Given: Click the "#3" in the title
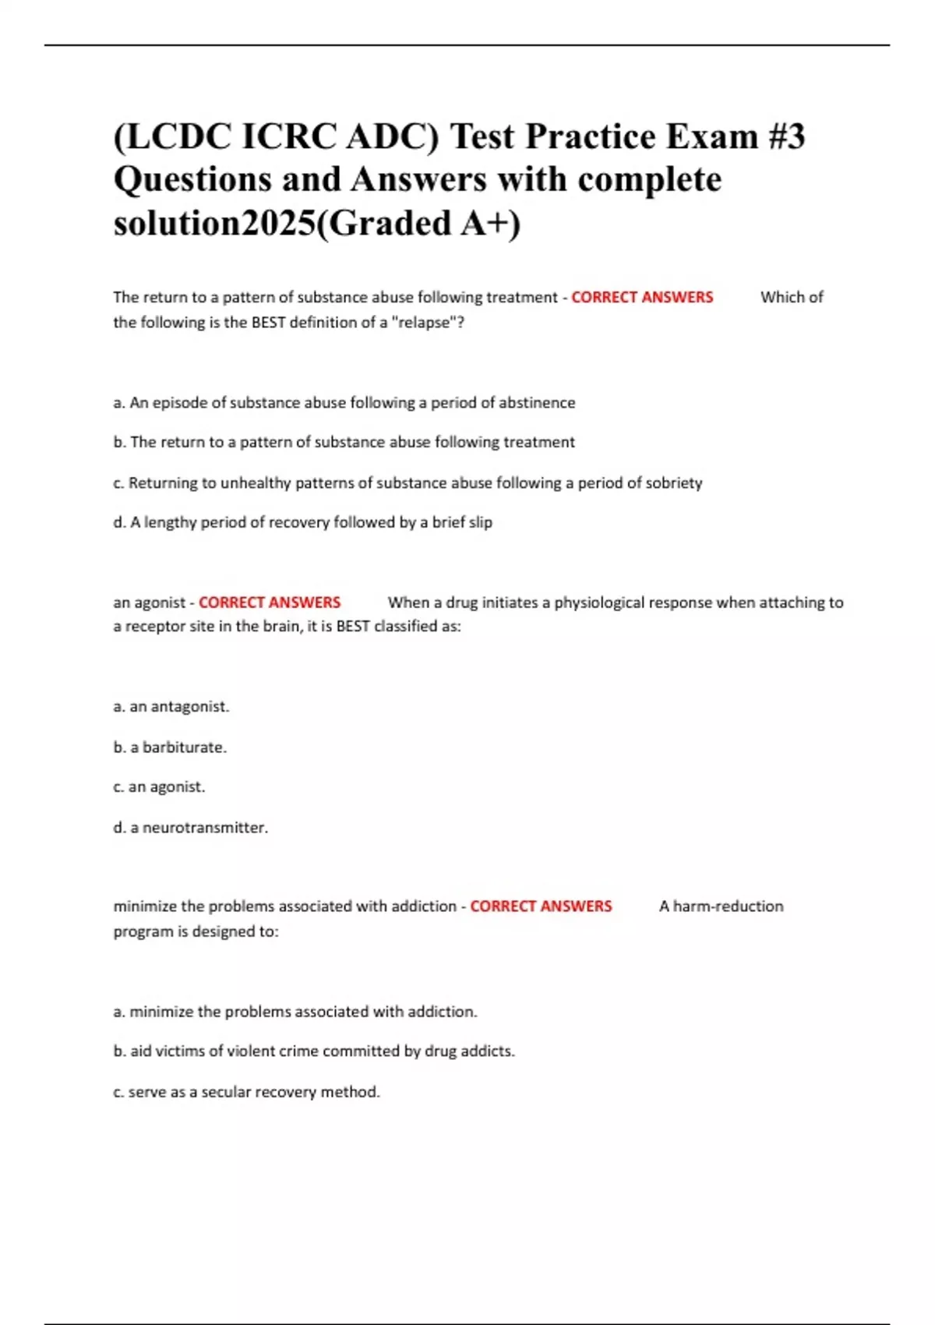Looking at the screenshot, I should pyautogui.click(x=785, y=137).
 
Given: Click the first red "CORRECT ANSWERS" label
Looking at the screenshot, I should pyautogui.click(x=642, y=297).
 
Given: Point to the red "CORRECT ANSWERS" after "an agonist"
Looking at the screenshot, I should pyautogui.click(x=270, y=602).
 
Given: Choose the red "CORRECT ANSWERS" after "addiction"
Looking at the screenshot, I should pyautogui.click(x=541, y=906).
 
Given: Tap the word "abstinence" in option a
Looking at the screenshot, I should pyautogui.click(x=537, y=403).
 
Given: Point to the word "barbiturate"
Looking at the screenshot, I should pyautogui.click(x=184, y=747).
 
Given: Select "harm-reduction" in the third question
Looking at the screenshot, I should pyautogui.click(x=729, y=906).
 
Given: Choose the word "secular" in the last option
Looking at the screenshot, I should pyautogui.click(x=226, y=1092).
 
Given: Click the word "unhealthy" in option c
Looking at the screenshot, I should pyautogui.click(x=256, y=483).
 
